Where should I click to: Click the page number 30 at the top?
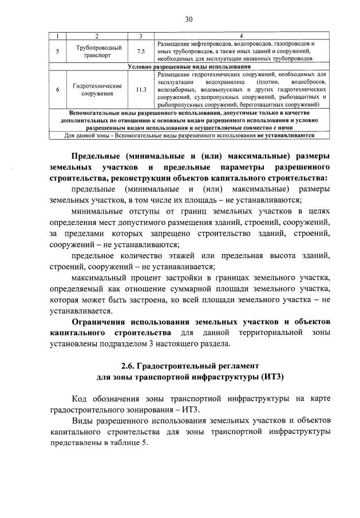click(188, 19)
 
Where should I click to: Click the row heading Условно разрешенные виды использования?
click(188, 67)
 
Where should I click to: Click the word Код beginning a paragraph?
click(81, 398)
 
